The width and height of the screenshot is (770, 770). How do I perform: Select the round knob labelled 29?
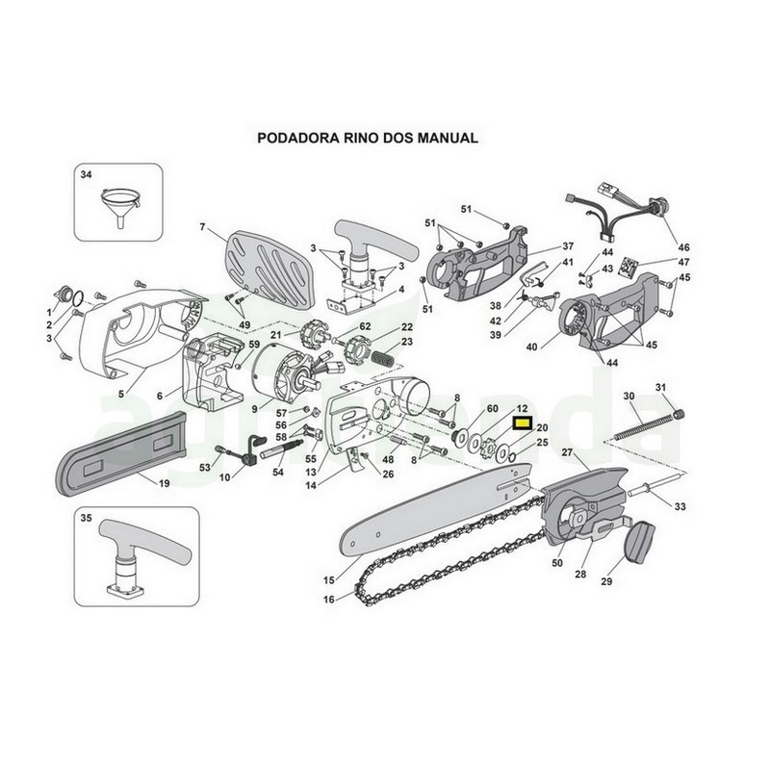point(640,542)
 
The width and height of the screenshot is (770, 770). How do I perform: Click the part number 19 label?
point(164,483)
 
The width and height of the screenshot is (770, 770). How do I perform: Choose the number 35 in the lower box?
point(86,518)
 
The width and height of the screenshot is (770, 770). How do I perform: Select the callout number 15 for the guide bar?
point(328,580)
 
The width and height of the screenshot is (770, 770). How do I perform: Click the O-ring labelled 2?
point(78,296)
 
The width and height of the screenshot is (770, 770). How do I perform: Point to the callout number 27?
point(567,452)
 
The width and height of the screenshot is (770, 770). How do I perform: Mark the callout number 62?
point(365,326)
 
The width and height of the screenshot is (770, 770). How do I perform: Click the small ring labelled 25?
point(512,457)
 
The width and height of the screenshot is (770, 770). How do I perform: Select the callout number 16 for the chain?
point(328,600)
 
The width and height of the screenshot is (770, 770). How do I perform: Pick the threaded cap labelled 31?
point(679,414)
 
